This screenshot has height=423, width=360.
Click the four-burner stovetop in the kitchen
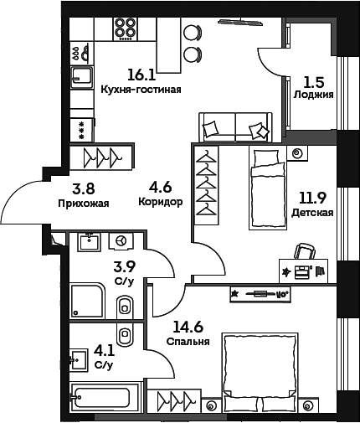pos(126,29)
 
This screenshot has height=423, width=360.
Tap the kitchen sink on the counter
pos(81,77)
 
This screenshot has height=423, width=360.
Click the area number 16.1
pos(141,75)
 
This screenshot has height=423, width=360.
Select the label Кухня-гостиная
pos(141,90)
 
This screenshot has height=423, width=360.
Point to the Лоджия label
pos(313,95)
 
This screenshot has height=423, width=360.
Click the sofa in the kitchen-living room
pos(235,127)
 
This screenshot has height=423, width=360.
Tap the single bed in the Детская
pos(268,189)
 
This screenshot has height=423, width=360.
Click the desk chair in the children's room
pos(305,251)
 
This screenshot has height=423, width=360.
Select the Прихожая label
pos(84,204)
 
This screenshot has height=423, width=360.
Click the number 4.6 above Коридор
pos(160,188)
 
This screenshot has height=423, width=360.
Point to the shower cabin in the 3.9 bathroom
pos(87,301)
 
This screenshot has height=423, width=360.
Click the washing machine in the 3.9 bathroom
pos(121,240)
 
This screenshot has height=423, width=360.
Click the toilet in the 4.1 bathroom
pos(125,334)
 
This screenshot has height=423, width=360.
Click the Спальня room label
pos(188,342)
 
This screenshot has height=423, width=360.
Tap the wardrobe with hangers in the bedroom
pos(174,401)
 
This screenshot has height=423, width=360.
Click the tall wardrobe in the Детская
pos(206,185)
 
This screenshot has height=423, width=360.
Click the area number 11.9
pos(312,199)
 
